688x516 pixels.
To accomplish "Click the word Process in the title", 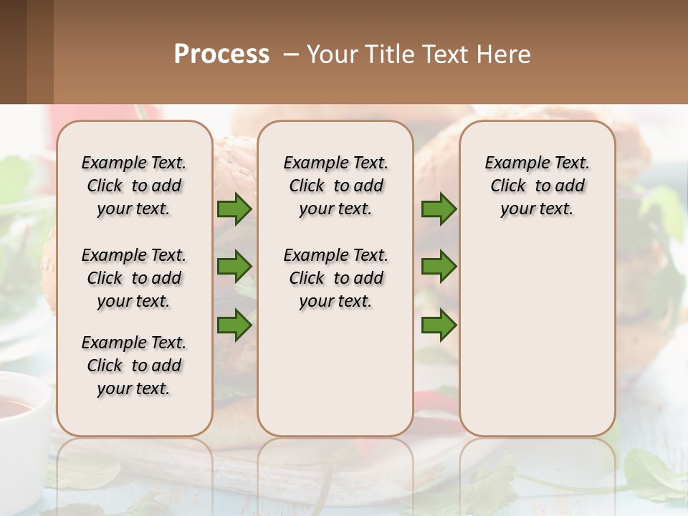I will click(x=221, y=54).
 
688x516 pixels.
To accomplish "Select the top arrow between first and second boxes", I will click(x=234, y=209).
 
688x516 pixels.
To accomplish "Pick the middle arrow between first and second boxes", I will click(x=234, y=267).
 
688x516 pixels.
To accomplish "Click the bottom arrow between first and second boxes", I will click(x=234, y=325).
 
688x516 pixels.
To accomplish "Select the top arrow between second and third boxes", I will click(x=439, y=209).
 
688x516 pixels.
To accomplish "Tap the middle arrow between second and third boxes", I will click(x=439, y=267).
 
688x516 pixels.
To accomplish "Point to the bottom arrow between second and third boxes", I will click(x=439, y=325).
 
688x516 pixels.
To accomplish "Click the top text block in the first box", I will click(x=134, y=186).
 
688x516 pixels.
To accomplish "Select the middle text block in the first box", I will click(x=134, y=278).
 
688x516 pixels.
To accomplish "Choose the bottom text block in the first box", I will click(x=134, y=365).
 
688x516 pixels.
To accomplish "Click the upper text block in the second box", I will click(x=335, y=186).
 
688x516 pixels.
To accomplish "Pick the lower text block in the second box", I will click(x=335, y=278).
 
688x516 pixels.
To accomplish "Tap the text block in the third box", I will click(x=537, y=186).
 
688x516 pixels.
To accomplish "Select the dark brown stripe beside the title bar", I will click(x=13, y=52).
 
